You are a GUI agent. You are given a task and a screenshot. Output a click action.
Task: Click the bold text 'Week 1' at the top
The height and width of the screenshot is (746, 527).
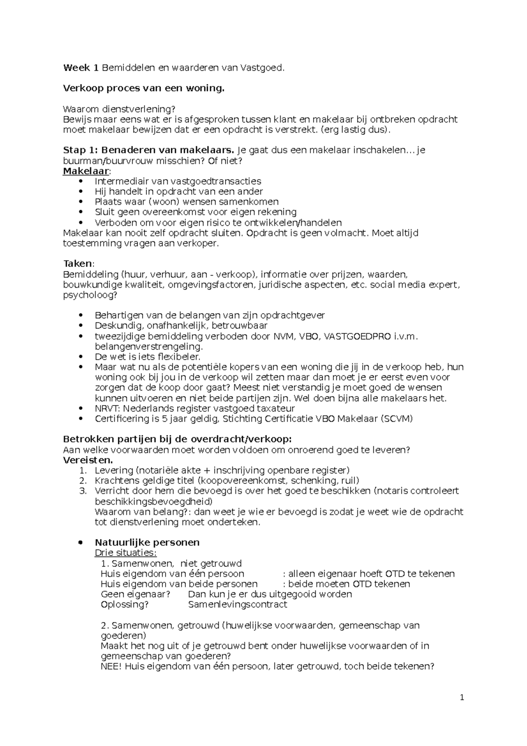(x=81, y=68)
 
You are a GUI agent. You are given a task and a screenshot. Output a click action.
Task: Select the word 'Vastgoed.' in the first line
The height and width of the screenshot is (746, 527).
(x=262, y=68)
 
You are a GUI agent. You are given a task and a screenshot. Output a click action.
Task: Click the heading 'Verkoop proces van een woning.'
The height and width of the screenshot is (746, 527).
(x=144, y=88)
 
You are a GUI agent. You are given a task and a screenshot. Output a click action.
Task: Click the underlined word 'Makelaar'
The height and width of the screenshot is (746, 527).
(x=86, y=171)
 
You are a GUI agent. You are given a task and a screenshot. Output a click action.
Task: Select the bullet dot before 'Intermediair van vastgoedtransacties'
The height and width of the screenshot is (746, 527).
(x=80, y=181)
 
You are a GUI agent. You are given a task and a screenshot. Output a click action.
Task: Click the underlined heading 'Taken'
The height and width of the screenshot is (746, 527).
(x=78, y=264)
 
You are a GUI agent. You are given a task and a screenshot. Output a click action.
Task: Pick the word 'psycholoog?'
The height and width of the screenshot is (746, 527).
(x=90, y=295)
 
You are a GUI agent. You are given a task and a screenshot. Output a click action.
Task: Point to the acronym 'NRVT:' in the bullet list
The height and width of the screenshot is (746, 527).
(x=107, y=409)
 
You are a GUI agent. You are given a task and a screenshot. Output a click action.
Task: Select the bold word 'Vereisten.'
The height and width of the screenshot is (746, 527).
(x=88, y=460)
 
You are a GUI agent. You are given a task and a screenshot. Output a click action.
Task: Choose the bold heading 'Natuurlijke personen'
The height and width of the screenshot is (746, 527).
(x=147, y=543)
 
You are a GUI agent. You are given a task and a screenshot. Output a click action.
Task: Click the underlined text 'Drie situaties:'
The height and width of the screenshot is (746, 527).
(x=126, y=553)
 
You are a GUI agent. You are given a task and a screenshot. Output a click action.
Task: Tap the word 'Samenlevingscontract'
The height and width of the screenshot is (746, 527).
(x=237, y=605)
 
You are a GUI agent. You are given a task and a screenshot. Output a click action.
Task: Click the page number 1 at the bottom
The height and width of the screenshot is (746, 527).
(x=462, y=698)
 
